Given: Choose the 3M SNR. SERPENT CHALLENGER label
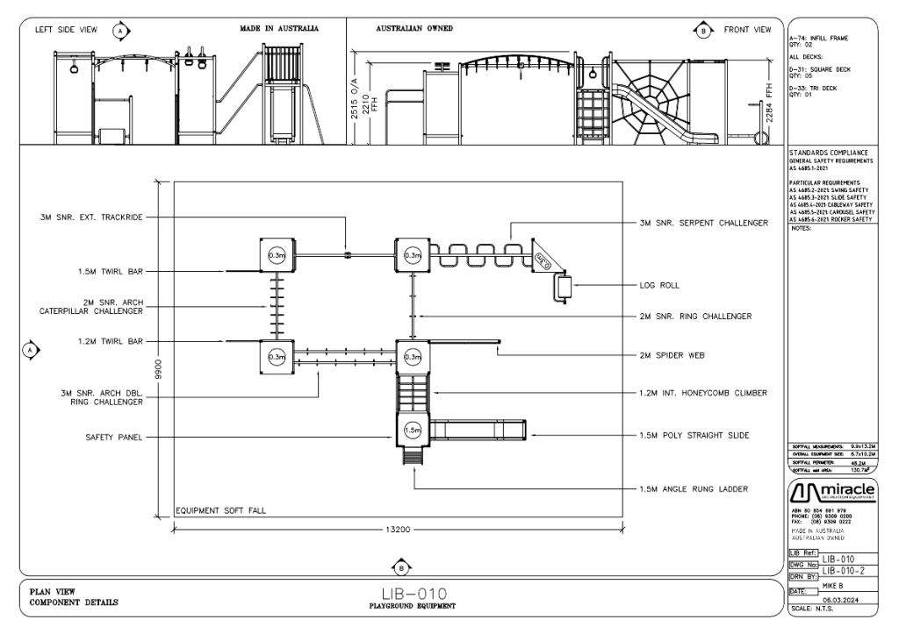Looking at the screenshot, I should click(x=704, y=223).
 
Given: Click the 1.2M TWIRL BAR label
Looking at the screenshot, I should click(x=110, y=341).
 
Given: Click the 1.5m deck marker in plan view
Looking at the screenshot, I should click(x=412, y=431).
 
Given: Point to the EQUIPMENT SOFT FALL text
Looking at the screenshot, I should click(x=220, y=509).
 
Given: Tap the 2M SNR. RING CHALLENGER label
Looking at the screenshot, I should click(x=697, y=316).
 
